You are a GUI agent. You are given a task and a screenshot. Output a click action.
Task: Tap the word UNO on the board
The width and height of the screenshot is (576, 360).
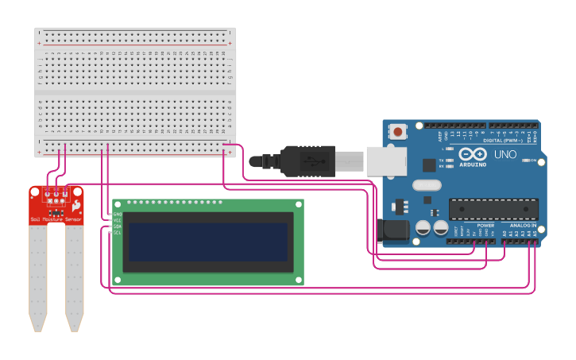click(x=505, y=154)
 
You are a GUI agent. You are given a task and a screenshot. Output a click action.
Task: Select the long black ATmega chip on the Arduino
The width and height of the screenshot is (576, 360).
click(x=493, y=209)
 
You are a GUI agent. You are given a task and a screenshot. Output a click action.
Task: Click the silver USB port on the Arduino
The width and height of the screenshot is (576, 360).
click(x=386, y=161)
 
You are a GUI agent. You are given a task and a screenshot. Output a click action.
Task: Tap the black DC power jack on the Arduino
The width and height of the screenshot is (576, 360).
click(x=394, y=230)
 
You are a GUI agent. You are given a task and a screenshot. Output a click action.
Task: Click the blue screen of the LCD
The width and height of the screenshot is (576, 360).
click(x=208, y=241)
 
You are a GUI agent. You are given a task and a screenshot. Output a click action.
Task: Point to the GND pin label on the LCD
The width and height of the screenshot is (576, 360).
click(x=118, y=215)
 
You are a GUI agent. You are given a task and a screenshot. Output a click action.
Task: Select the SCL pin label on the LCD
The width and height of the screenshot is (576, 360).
click(x=118, y=233)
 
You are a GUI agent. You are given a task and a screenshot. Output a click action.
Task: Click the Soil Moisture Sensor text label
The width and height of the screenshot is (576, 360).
click(x=56, y=219)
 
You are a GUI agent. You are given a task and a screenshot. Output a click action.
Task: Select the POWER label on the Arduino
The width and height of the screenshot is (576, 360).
click(x=485, y=226)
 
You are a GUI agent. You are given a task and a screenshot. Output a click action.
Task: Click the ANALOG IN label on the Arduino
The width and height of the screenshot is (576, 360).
click(x=524, y=226)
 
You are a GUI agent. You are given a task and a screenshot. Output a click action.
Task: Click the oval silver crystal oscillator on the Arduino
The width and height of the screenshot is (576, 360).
click(x=426, y=185)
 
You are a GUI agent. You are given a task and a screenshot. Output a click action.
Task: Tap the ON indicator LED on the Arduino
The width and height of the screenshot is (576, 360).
click(x=526, y=160)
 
